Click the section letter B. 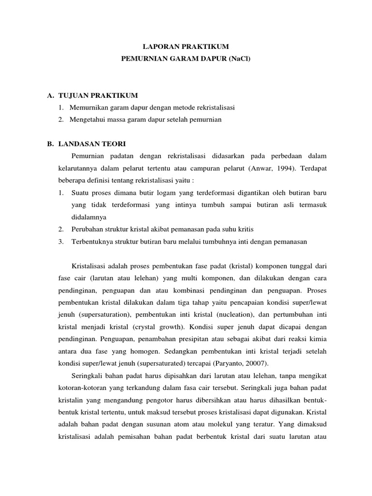50,144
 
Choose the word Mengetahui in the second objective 87,119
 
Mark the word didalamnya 89,217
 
